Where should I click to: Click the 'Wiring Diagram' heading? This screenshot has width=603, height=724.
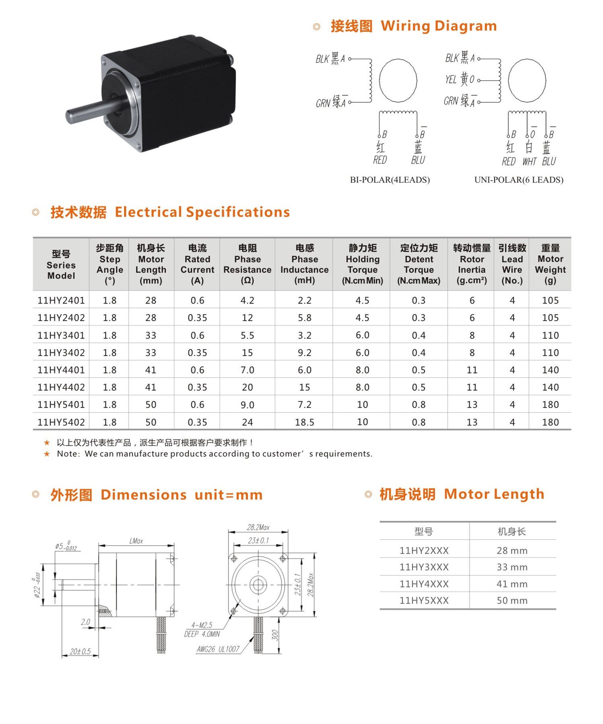coord(438,26)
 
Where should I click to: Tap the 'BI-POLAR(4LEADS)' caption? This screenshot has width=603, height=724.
coord(390,180)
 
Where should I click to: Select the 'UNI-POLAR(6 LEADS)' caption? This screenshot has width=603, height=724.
coord(519,180)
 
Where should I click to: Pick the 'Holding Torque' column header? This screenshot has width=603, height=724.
coord(362,264)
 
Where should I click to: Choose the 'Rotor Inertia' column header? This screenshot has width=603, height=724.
coord(472,264)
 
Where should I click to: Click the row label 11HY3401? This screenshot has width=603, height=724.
coord(61,335)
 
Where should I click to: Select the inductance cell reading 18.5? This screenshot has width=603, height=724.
coord(305,422)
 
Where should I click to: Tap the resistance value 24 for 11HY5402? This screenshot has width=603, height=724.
coord(247,422)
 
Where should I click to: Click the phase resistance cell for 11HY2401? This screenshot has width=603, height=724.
coord(247,300)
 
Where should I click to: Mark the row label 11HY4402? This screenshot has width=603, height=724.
coord(61,387)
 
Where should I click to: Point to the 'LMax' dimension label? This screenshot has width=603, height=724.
coord(136,541)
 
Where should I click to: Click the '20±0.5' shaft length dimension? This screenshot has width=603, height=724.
coord(80,651)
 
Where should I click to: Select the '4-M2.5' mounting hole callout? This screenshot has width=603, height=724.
coord(202,625)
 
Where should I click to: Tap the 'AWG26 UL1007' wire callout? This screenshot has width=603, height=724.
coord(218,649)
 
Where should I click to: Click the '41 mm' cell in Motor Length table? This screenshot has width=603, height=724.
coord(512,584)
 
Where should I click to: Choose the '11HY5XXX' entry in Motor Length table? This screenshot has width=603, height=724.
coord(424,601)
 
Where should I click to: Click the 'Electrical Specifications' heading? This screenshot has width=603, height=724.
coord(202,212)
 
